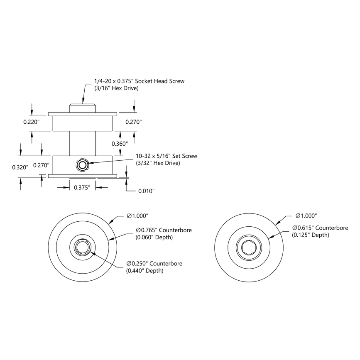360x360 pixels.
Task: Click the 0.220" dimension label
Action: [32, 122]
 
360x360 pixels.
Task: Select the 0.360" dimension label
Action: [120, 143]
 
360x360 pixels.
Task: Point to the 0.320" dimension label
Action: [20, 167]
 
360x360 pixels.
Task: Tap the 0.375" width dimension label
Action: [82, 188]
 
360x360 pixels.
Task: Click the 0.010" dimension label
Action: [146, 191]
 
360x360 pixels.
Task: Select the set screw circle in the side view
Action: [82, 165]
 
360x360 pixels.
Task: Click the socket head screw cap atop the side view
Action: [82, 108]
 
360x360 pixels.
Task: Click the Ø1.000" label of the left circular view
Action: [138, 216]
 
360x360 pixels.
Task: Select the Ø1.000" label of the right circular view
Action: [306, 216]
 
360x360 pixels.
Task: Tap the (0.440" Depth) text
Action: [145, 271]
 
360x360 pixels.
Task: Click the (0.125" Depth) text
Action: [311, 235]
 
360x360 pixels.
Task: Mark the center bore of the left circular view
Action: [82, 248]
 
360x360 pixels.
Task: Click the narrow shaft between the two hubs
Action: [82, 143]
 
